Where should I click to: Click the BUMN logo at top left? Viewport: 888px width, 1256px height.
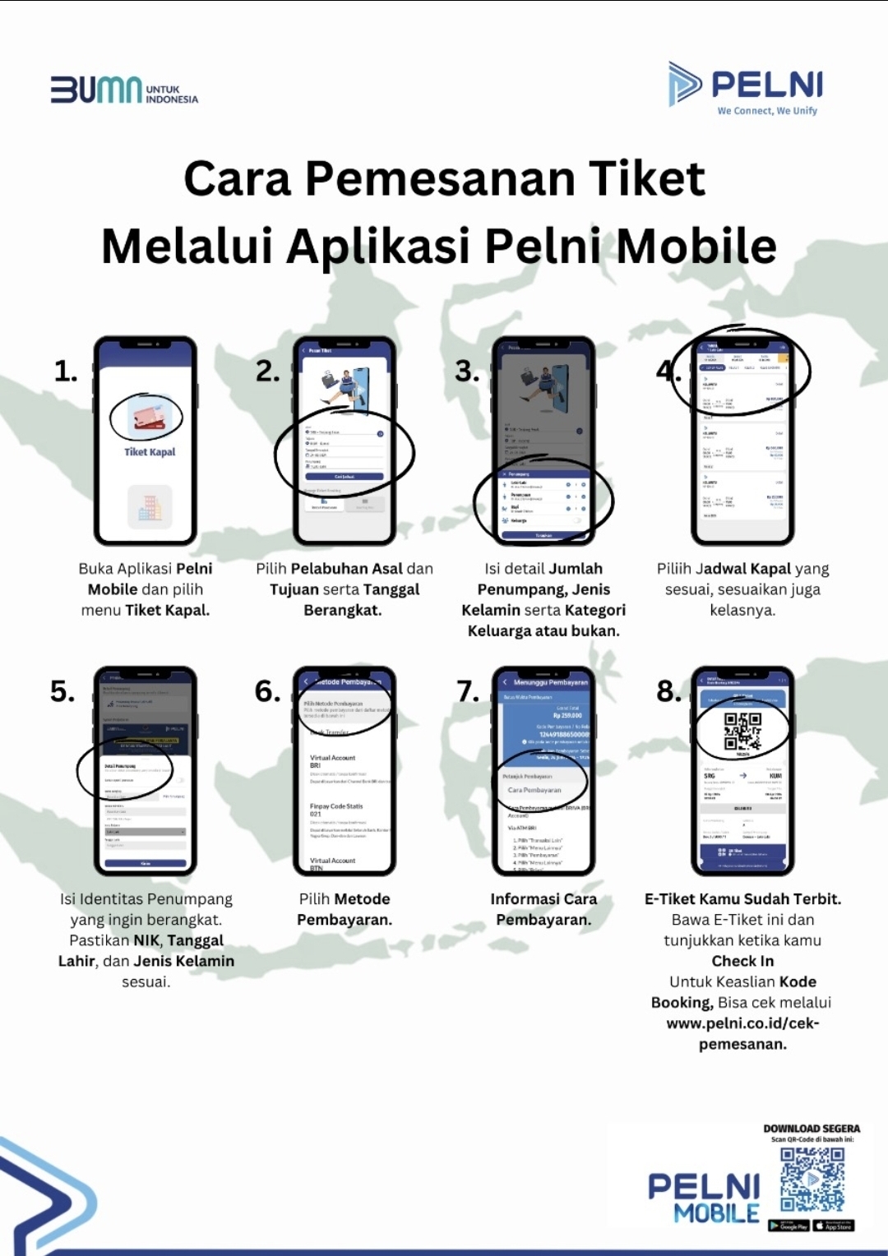(123, 90)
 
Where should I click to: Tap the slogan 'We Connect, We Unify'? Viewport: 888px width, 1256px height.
(766, 111)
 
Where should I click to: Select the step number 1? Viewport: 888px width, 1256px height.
(66, 372)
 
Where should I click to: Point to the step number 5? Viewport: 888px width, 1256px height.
(62, 691)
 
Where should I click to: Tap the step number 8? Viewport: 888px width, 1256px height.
(669, 691)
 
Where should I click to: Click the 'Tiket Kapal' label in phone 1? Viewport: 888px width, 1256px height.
(150, 452)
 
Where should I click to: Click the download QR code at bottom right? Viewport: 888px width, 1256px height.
(812, 1180)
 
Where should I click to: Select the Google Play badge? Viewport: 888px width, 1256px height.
(789, 1226)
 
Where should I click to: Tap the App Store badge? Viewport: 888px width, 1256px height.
(834, 1226)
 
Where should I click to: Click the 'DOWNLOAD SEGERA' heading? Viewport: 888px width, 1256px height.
(812, 1129)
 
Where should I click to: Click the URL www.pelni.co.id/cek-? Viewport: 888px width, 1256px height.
(742, 1023)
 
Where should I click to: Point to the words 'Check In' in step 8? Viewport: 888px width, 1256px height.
(742, 961)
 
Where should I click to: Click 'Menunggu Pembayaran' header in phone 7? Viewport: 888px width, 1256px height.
(550, 682)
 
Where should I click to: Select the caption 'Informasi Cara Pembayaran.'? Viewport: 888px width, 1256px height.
(543, 909)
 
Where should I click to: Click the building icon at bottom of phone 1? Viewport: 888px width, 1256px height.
(150, 506)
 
